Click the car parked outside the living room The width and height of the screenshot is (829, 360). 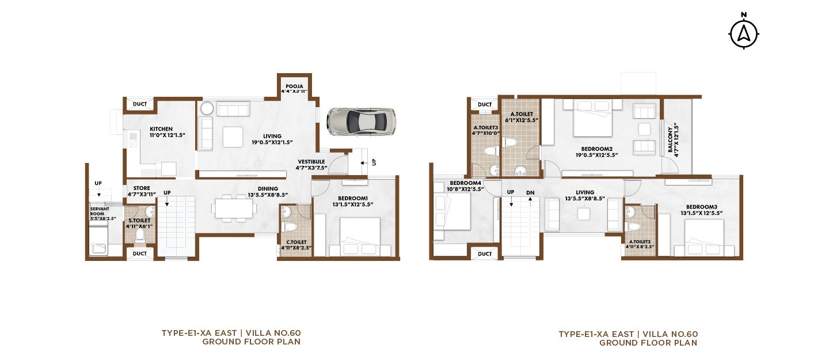pyautogui.click(x=361, y=122)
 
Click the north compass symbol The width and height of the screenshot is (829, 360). pyautogui.click(x=744, y=33)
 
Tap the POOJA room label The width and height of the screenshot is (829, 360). pyautogui.click(x=294, y=86)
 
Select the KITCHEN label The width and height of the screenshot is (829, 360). pyautogui.click(x=161, y=129)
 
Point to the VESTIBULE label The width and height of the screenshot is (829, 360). pyautogui.click(x=311, y=162)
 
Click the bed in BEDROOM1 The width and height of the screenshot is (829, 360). pyautogui.click(x=360, y=237)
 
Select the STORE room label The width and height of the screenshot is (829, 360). pyautogui.click(x=142, y=188)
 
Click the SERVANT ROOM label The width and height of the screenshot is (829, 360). pyautogui.click(x=100, y=211)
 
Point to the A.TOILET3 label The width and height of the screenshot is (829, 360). pyautogui.click(x=485, y=127)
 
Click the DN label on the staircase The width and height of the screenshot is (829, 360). pyautogui.click(x=530, y=192)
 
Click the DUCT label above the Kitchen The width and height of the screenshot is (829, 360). pyautogui.click(x=140, y=104)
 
